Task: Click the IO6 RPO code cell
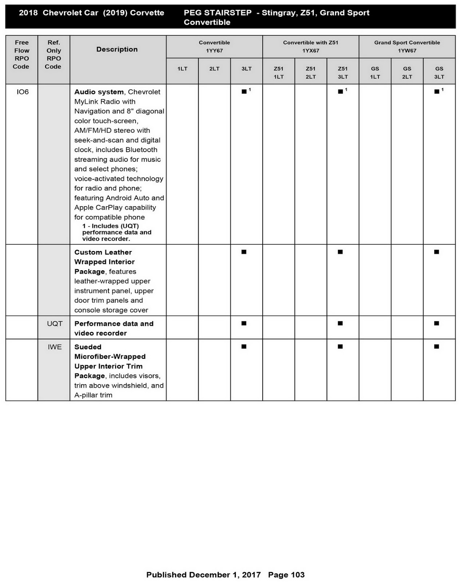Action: (x=23, y=92)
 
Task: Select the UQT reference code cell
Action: (x=55, y=324)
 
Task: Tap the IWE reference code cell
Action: (x=55, y=347)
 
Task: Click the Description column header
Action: (x=117, y=49)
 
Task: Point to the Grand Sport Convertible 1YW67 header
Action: (x=407, y=47)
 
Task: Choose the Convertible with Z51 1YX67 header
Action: (x=310, y=47)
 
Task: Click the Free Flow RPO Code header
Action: (x=21, y=55)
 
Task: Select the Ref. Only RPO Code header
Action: (x=53, y=55)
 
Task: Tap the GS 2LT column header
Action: (x=407, y=72)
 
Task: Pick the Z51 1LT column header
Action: (x=278, y=72)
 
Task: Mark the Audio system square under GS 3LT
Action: (x=437, y=92)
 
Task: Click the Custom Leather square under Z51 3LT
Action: (x=340, y=252)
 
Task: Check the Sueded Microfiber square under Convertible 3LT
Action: (x=244, y=347)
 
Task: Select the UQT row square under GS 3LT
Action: (x=437, y=323)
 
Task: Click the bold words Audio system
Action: (x=99, y=92)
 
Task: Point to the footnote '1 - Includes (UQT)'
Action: (x=110, y=226)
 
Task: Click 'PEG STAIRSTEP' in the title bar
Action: (x=217, y=13)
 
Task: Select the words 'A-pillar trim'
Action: (x=93, y=395)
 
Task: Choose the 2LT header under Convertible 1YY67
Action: (x=214, y=69)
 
